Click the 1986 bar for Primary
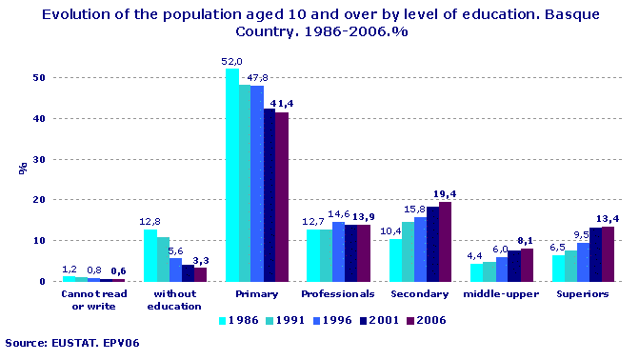coord(231,175)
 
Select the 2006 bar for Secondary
coord(445,242)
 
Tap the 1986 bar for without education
coord(150,255)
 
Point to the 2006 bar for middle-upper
coord(527,265)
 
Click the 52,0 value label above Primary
coord(231,62)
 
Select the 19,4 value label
coord(444,193)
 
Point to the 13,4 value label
coord(609,217)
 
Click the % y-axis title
coord(21,167)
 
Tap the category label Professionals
coord(337,294)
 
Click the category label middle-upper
coord(502,294)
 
